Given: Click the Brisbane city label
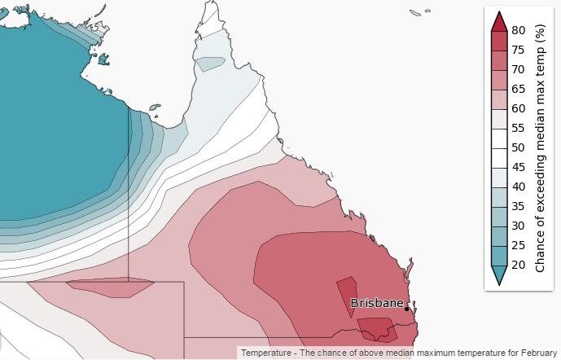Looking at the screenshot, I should pyautogui.click(x=377, y=303).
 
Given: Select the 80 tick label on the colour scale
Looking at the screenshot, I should pyautogui.click(x=519, y=31).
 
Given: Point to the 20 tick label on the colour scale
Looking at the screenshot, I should pyautogui.click(x=519, y=264).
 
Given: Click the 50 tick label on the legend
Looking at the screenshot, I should pyautogui.click(x=519, y=147).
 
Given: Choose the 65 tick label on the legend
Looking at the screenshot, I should pyautogui.click(x=519, y=89).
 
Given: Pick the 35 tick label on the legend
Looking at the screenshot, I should pyautogui.click(x=519, y=205).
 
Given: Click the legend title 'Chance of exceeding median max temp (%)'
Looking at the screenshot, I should pyautogui.click(x=540, y=147).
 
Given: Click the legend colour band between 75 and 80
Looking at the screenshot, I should pyautogui.click(x=498, y=40).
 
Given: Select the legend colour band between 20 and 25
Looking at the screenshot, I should pyautogui.click(x=498, y=254).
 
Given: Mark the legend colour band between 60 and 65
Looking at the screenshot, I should pyautogui.click(x=498, y=99).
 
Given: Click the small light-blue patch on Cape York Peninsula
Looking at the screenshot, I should pyautogui.click(x=210, y=63).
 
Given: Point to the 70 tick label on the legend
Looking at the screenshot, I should pyautogui.click(x=519, y=69).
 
